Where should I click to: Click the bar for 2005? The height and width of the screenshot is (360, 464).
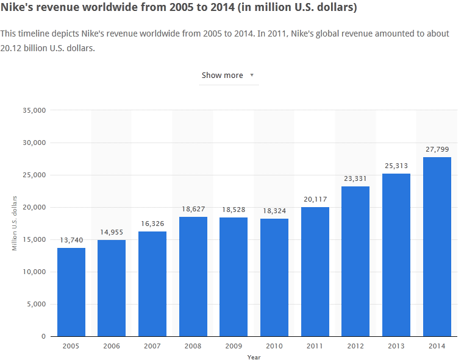(71, 292)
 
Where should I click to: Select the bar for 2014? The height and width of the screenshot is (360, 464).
(437, 247)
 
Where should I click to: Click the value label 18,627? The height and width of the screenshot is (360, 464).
(193, 210)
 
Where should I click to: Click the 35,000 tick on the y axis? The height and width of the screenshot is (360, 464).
(35, 110)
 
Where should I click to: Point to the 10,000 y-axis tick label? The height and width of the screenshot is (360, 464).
(35, 272)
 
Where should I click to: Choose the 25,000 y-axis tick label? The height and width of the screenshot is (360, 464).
(35, 175)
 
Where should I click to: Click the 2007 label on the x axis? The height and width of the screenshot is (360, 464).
(152, 345)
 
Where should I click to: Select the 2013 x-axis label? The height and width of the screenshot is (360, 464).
(396, 345)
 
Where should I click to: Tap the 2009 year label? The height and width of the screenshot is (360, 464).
(234, 345)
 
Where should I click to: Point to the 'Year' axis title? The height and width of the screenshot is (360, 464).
(254, 357)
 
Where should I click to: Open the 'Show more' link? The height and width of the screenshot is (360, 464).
(223, 76)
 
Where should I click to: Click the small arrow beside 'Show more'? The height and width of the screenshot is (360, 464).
(252, 76)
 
